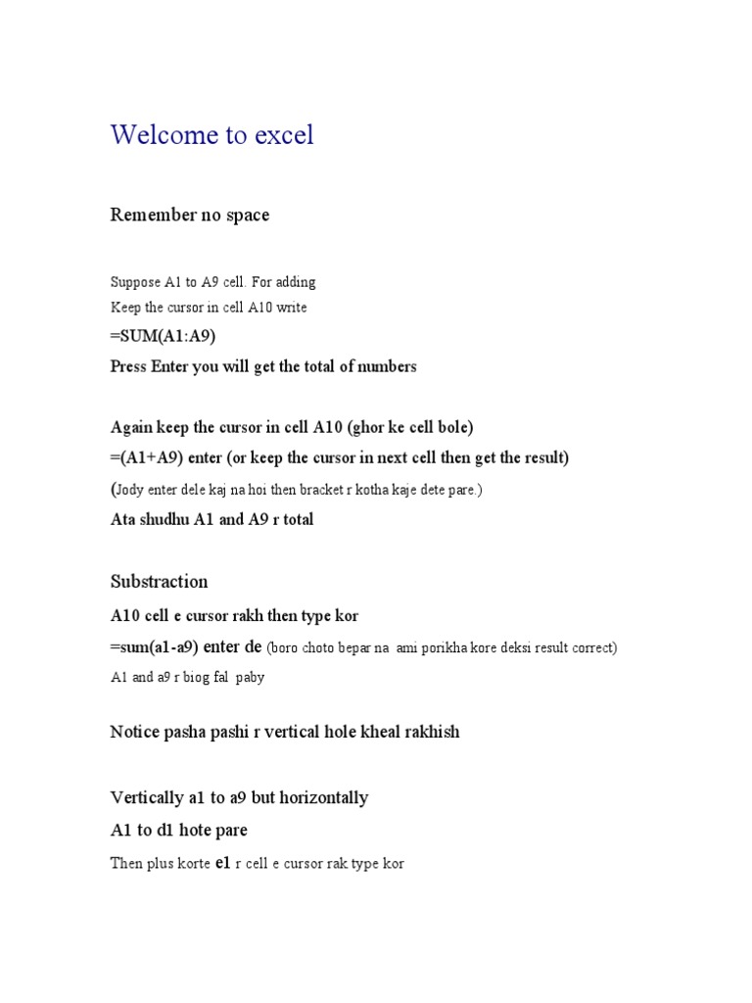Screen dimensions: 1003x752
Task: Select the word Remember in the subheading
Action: [153, 215]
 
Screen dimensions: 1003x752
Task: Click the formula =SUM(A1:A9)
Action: [164, 336]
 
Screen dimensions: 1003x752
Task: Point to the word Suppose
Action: [134, 283]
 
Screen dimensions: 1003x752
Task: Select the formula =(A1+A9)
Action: [147, 457]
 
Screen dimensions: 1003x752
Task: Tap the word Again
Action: [132, 428]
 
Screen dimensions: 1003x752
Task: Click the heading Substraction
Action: [160, 582]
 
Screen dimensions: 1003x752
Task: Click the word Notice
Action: [134, 732]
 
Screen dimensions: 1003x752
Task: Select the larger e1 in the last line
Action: [222, 863]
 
